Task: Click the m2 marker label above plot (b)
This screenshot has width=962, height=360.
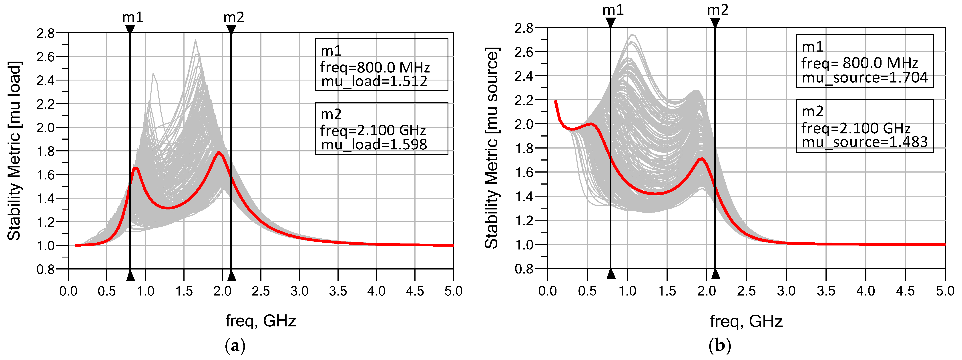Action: (x=717, y=10)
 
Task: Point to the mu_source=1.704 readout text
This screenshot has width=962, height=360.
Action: (x=865, y=78)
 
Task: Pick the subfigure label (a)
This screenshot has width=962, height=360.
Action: (x=235, y=346)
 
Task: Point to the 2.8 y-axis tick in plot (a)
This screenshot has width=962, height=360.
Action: (x=46, y=33)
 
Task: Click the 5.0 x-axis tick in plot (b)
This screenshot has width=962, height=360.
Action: (x=945, y=291)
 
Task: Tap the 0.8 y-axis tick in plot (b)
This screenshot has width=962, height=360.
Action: (x=524, y=269)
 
